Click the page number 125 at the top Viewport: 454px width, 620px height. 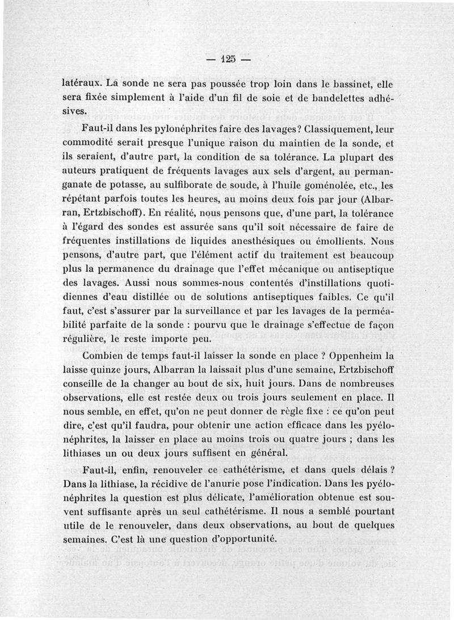coord(229,60)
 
